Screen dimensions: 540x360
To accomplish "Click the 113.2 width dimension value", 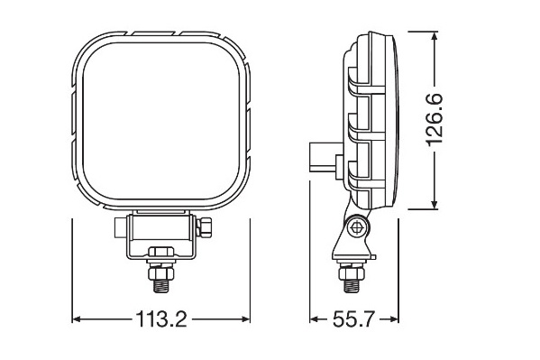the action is pyautogui.click(x=161, y=319).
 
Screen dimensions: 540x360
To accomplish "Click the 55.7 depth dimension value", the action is pyautogui.click(x=353, y=319).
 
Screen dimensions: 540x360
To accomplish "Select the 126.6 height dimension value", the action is pyautogui.click(x=435, y=120).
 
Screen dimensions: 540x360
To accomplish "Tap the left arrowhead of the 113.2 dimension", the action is pyautogui.click(x=77, y=319).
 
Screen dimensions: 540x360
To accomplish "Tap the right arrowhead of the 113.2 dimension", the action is pyautogui.click(x=245, y=319).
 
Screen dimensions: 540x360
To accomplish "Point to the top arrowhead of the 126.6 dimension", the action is pyautogui.click(x=435, y=36).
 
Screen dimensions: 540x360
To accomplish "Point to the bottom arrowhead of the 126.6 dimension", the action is pyautogui.click(x=435, y=204).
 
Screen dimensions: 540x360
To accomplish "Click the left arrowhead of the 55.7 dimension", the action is pyautogui.click(x=314, y=319).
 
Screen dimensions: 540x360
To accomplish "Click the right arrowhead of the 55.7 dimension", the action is pyautogui.click(x=394, y=319).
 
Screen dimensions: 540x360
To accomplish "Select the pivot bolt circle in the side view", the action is pyautogui.click(x=357, y=227).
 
